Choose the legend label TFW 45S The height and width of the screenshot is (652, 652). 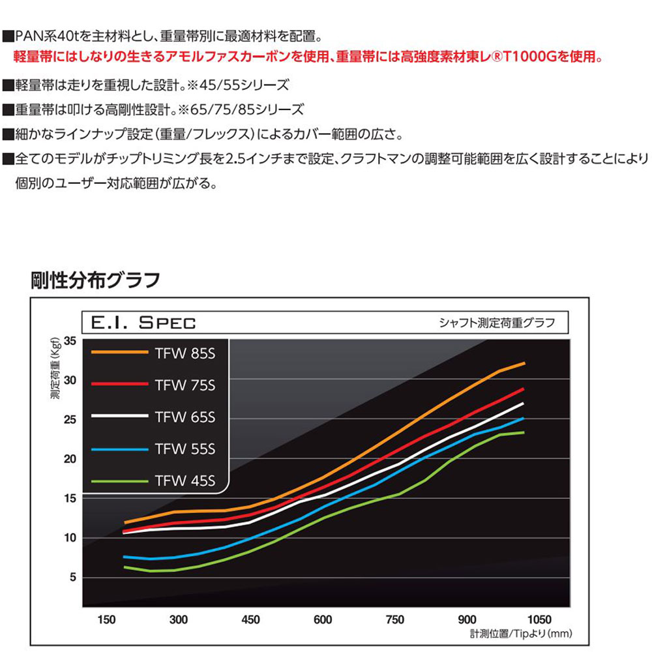coord(185,482)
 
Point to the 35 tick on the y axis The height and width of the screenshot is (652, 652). coord(70,341)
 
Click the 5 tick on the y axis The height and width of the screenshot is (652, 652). coord(73,578)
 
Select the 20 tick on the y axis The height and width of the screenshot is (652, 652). coord(70,459)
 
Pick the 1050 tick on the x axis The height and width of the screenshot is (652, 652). coord(539,619)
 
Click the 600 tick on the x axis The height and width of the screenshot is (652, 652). coord(322,619)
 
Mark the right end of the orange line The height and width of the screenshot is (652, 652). coord(524,363)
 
